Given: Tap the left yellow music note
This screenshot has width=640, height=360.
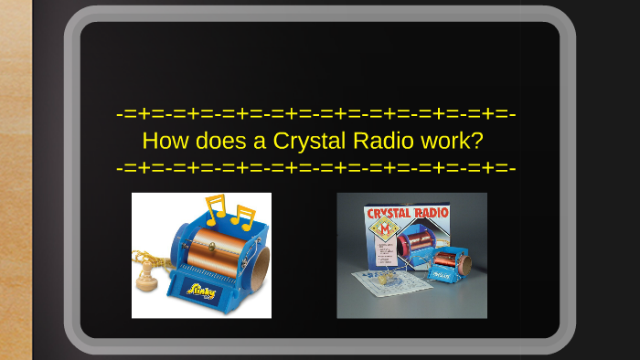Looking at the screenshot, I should pos(216,209).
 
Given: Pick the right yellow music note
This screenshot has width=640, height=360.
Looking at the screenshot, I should pos(242,217).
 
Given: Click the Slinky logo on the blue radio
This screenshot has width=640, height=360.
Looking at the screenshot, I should pos(202,291).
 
